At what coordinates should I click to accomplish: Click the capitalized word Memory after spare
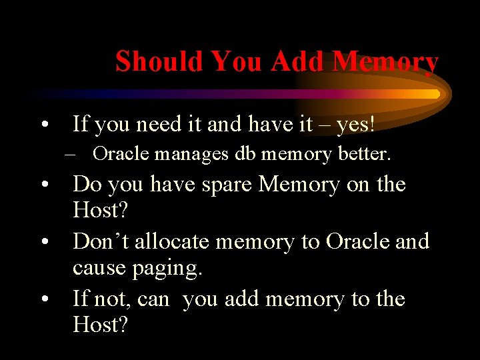[x=298, y=184]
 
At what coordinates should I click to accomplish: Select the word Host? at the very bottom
[x=100, y=326]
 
